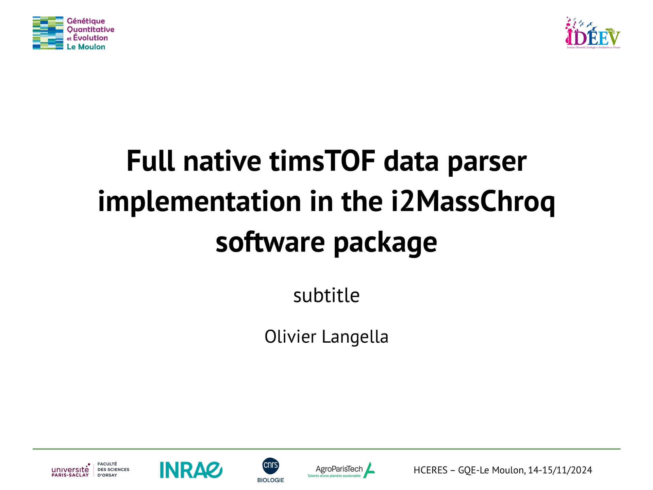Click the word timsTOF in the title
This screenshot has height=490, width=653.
click(x=322, y=161)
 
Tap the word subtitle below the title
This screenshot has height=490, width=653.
click(x=326, y=295)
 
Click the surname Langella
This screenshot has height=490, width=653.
click(x=355, y=337)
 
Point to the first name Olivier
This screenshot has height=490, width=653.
click(x=290, y=337)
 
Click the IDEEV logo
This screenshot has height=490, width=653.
click(x=593, y=33)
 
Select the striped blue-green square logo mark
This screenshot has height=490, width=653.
click(x=48, y=33)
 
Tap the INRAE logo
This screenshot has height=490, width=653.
click(x=191, y=470)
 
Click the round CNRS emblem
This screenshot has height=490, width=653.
click(x=271, y=466)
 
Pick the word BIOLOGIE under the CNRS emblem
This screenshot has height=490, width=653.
click(x=271, y=480)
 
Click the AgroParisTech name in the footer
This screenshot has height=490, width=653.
click(x=339, y=469)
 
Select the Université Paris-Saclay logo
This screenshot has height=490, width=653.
click(x=70, y=470)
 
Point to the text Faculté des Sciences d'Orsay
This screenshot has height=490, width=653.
click(x=113, y=470)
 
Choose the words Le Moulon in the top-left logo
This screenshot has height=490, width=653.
click(x=86, y=47)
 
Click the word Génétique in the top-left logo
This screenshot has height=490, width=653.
click(x=86, y=21)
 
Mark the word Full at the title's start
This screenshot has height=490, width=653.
click(x=151, y=161)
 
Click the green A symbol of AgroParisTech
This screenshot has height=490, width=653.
click(x=369, y=470)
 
